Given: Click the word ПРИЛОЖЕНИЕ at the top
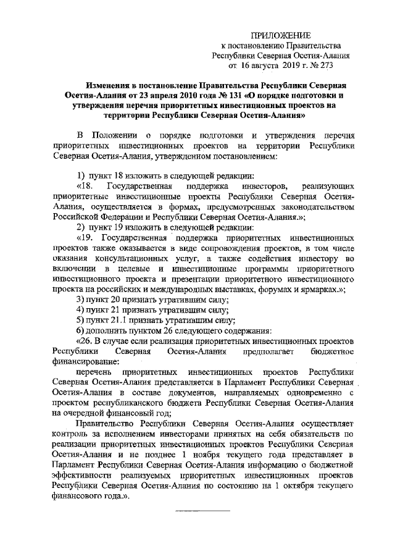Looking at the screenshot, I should pos(285,35).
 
